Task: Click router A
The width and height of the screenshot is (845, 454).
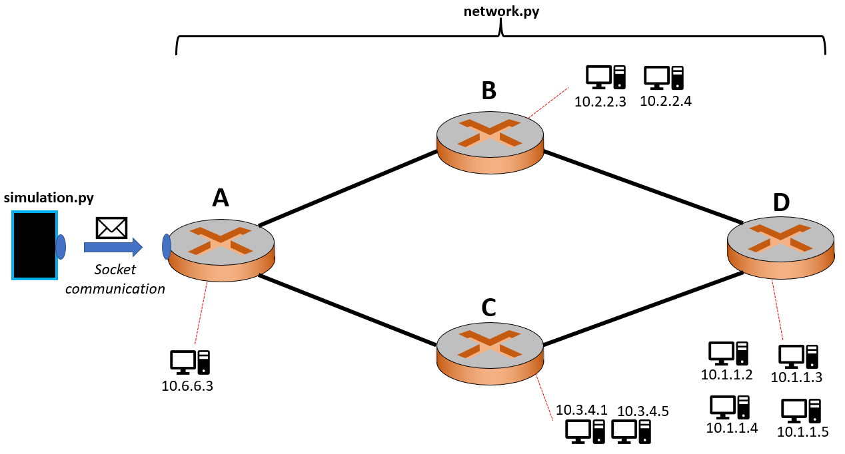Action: point(221,249)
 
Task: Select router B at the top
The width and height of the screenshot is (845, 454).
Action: point(490,136)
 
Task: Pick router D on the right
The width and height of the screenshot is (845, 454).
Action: point(780,247)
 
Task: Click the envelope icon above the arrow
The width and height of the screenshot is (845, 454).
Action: point(111,228)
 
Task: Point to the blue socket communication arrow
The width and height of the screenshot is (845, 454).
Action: point(113,247)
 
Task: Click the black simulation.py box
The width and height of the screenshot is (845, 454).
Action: point(35,244)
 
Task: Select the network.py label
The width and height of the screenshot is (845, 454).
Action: point(500,11)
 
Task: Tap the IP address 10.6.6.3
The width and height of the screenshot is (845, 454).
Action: point(187,385)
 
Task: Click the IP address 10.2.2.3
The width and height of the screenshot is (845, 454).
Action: point(600,102)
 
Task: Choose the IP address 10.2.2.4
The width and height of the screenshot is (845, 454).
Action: point(665,101)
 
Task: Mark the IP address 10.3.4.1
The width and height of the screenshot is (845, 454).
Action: point(582,410)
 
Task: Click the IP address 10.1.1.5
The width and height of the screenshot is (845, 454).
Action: point(802,432)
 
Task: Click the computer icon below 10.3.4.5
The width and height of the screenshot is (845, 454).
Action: point(631,431)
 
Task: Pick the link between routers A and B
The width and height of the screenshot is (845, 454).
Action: point(347,188)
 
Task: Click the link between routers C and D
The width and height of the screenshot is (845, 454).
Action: point(643,309)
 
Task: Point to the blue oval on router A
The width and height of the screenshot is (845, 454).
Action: point(167,246)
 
